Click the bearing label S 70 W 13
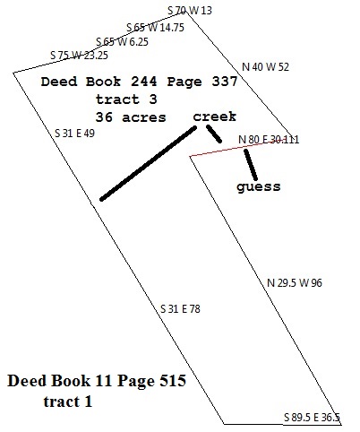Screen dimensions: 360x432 click(x=190, y=11)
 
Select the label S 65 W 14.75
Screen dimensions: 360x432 click(x=155, y=28)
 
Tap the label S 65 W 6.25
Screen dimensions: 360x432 click(x=122, y=41)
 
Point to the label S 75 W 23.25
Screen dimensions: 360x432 click(x=79, y=56)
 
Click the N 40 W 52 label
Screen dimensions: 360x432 click(x=265, y=66)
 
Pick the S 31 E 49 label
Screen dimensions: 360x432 click(x=74, y=134)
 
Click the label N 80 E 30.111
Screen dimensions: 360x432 click(x=269, y=139)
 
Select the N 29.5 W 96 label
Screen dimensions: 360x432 click(x=295, y=282)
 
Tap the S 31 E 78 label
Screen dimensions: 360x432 click(x=180, y=308)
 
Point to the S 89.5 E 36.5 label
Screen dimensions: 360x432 click(x=312, y=417)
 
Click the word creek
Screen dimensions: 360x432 click(x=215, y=117)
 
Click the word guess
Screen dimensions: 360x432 click(x=259, y=187)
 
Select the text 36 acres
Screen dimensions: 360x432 click(x=131, y=117)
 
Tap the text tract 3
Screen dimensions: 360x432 click(x=126, y=99)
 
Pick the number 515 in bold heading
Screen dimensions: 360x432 click(x=173, y=381)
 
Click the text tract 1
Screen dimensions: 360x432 click(x=68, y=402)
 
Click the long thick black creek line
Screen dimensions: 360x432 click(x=149, y=164)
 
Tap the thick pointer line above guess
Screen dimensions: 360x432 click(x=251, y=165)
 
